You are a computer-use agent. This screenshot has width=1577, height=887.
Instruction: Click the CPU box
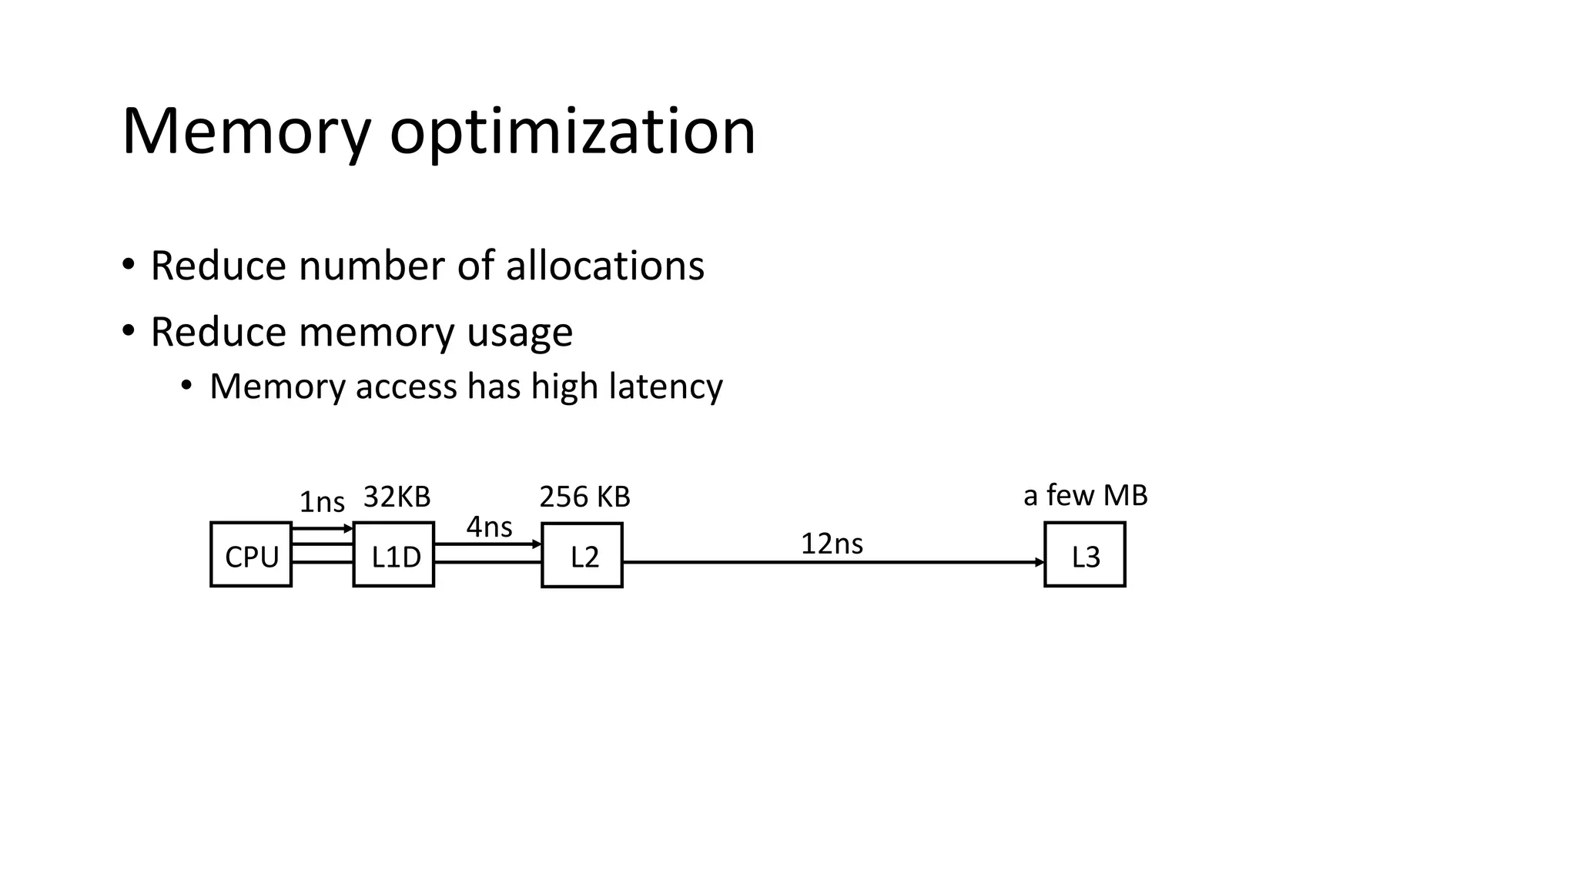(x=251, y=554)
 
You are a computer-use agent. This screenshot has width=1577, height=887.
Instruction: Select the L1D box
(x=393, y=554)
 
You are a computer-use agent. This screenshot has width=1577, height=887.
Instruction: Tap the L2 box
(x=582, y=555)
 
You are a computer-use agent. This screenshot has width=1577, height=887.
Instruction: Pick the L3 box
(x=1085, y=554)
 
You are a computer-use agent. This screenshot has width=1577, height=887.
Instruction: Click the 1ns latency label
(x=322, y=502)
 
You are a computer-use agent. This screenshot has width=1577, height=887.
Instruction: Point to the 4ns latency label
(x=489, y=527)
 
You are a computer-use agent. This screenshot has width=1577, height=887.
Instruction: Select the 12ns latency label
(x=832, y=544)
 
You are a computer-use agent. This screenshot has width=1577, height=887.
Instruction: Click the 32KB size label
(x=397, y=497)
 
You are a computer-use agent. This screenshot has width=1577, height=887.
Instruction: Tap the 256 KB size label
(x=584, y=497)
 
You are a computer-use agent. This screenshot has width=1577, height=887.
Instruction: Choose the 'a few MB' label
(x=1085, y=495)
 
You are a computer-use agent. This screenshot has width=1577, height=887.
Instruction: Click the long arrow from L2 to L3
(x=832, y=562)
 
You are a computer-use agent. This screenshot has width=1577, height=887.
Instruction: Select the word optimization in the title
(x=572, y=132)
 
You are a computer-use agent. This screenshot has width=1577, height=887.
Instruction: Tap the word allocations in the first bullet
(x=604, y=266)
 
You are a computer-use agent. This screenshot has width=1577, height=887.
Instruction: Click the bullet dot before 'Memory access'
(x=186, y=386)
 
